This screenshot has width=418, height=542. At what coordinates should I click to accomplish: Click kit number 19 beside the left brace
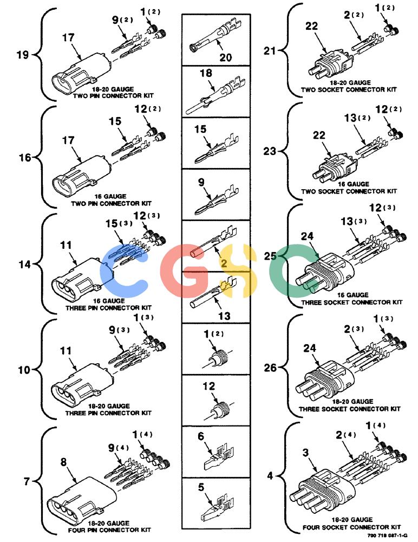click(x=22, y=55)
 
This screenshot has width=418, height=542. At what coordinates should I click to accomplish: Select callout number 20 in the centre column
click(x=226, y=57)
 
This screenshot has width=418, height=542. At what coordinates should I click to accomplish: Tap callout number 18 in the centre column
click(x=206, y=73)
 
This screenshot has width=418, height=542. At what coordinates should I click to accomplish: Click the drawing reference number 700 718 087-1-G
click(x=387, y=535)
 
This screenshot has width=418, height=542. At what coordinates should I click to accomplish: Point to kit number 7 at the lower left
click(x=27, y=481)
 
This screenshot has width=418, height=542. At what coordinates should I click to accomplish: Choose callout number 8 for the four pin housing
click(x=63, y=462)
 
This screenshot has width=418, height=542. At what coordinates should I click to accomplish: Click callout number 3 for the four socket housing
click(x=306, y=452)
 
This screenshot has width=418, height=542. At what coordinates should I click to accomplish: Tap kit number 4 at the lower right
click(x=270, y=476)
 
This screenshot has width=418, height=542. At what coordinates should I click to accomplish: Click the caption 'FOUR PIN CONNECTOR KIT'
click(x=109, y=530)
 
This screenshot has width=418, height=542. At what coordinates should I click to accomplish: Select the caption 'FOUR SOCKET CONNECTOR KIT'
click(x=352, y=527)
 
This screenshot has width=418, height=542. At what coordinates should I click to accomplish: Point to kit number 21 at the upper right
click(x=270, y=51)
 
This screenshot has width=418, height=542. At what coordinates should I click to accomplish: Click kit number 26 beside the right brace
click(x=271, y=367)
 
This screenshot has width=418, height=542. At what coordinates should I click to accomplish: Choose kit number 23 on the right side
click(x=270, y=151)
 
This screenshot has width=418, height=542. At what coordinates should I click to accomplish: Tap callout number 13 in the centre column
click(x=224, y=315)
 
